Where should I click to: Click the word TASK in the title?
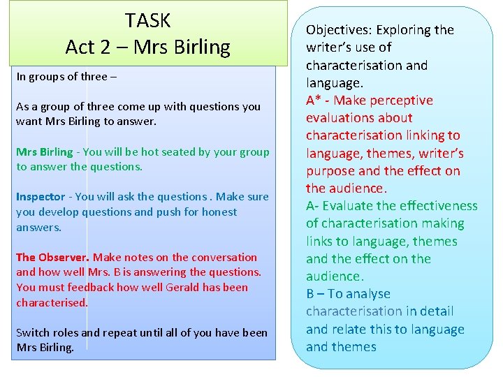[147, 20]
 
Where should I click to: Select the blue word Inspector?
[41, 197]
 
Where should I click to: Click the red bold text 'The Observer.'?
[53, 257]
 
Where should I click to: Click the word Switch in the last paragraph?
[32, 332]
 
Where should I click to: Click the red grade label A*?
[314, 101]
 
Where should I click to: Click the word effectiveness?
[439, 206]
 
